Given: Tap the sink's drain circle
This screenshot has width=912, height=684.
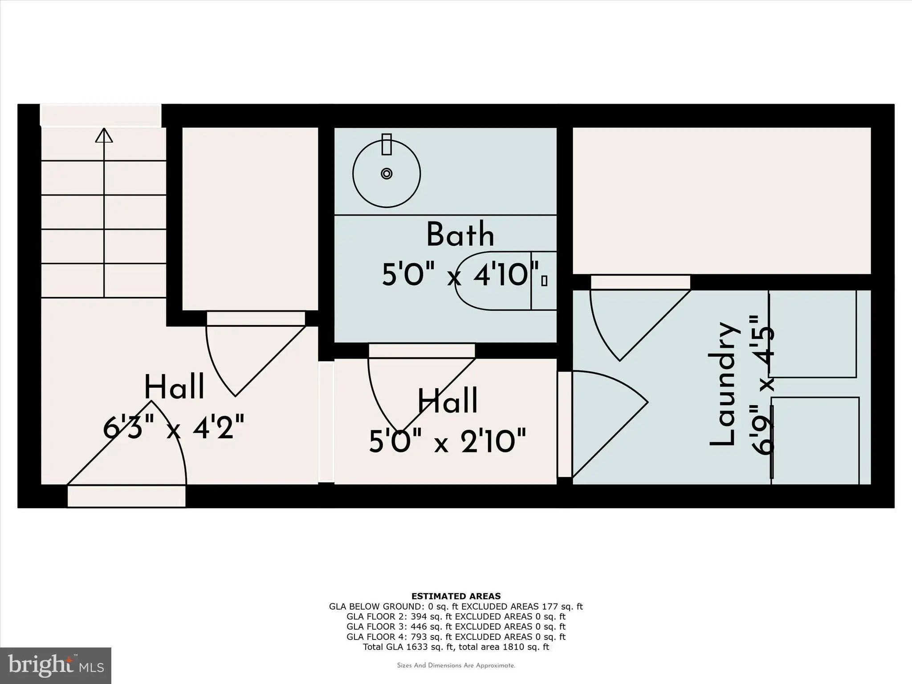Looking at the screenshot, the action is click(x=387, y=174).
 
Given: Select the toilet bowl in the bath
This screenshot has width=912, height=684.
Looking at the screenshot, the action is click(x=493, y=281).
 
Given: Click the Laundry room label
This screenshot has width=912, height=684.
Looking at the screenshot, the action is click(x=724, y=383).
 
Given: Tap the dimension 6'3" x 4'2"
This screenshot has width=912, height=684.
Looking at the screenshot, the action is click(x=174, y=427).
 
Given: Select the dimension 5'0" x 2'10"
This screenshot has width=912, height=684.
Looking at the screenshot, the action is click(x=448, y=441).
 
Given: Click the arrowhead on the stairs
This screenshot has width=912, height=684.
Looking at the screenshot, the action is click(x=104, y=135).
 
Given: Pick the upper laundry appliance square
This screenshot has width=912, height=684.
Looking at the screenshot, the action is click(x=813, y=334).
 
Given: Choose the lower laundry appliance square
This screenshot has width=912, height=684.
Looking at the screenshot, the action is click(x=815, y=440).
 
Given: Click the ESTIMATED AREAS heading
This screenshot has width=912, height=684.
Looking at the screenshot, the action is click(x=456, y=596).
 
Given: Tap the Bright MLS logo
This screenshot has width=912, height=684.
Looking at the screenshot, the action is click(x=56, y=666).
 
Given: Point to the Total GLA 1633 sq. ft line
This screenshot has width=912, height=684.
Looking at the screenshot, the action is click(x=456, y=647).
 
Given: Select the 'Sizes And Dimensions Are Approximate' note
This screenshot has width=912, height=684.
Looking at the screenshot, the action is click(x=456, y=666).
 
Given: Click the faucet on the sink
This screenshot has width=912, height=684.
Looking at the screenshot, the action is click(x=387, y=144).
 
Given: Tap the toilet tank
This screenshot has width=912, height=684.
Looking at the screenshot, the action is click(x=544, y=281).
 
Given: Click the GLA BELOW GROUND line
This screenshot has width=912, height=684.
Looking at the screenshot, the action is click(x=456, y=607).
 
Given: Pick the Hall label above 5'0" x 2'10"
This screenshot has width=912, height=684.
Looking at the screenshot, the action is click(x=448, y=401).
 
